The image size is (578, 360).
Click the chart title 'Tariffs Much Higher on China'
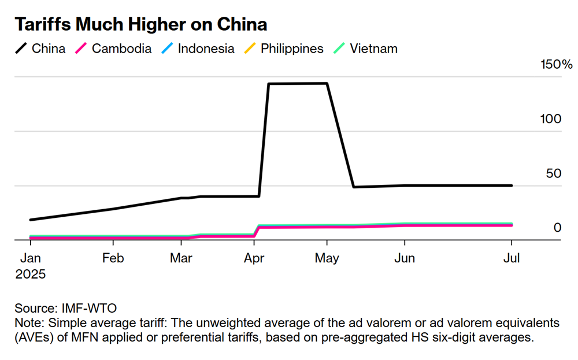(x=140, y=24)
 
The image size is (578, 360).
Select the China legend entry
(x=40, y=49)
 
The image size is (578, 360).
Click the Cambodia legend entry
(x=114, y=49)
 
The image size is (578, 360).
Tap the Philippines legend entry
(x=284, y=49)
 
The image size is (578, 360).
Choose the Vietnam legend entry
(x=365, y=49)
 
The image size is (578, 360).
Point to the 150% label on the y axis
(x=556, y=64)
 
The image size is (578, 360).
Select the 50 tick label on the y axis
(x=554, y=173)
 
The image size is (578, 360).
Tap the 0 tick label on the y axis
(x=558, y=228)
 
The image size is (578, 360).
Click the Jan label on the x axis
(x=30, y=258)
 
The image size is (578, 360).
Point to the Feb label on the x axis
(x=113, y=258)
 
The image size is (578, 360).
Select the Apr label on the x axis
(x=254, y=258)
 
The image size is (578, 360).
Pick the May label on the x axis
(x=327, y=258)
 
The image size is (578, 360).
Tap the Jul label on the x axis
(x=512, y=258)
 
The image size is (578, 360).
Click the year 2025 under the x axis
(x=30, y=273)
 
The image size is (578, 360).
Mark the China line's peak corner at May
(x=327, y=83)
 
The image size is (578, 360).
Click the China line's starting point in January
(x=31, y=220)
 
